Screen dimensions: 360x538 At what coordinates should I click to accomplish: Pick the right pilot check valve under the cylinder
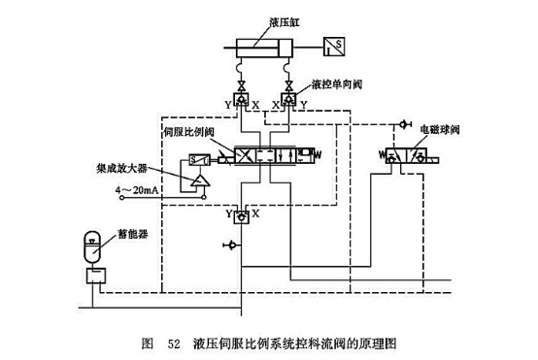tap(288, 99)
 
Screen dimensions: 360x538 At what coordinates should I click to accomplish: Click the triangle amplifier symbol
tap(198, 180)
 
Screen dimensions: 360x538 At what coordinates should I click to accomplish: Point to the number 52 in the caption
tap(175, 344)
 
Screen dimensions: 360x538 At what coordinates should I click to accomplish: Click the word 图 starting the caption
tap(148, 344)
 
